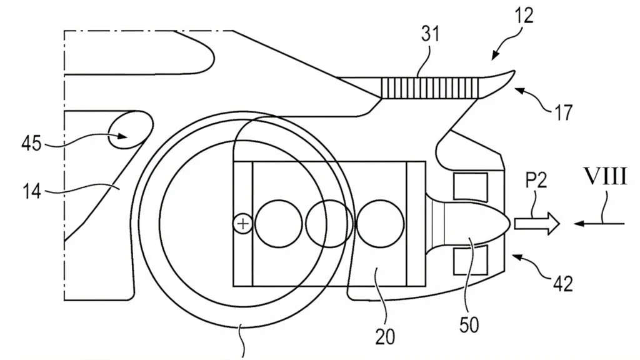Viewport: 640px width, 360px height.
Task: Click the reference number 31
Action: point(431,34)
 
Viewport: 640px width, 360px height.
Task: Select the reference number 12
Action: point(524,16)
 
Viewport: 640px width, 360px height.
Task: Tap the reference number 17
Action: point(563,112)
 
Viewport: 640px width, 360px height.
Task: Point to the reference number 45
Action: point(31,143)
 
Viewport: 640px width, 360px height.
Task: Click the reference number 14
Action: point(31,191)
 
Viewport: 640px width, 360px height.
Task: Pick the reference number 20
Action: point(385,337)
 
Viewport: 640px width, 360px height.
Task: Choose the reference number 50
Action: point(469,324)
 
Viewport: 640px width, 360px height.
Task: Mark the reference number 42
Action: point(563,283)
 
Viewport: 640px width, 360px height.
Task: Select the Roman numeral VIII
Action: point(606,177)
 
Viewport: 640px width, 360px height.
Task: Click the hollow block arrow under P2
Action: point(536,224)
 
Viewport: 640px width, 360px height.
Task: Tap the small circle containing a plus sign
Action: point(243,224)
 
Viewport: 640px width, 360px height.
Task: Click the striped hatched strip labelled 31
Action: point(429,87)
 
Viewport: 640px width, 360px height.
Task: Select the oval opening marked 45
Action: point(130,131)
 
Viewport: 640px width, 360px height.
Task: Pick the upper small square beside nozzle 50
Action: point(471,187)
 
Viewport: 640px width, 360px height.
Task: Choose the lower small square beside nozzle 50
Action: point(471,259)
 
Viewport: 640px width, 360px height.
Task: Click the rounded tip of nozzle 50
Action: point(511,223)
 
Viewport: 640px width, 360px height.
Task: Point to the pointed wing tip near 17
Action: point(514,71)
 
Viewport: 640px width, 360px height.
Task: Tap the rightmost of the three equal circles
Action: point(380,224)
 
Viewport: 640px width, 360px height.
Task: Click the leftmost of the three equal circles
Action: point(279,224)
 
